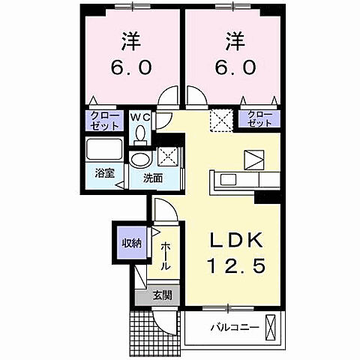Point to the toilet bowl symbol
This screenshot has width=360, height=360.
click(x=140, y=134)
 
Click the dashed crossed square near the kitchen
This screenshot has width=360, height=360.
click(x=221, y=119)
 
